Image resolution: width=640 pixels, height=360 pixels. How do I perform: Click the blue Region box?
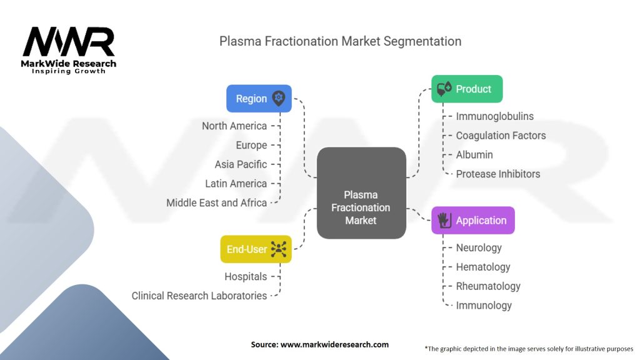(259, 98)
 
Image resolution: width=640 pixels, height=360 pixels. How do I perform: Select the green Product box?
(467, 89)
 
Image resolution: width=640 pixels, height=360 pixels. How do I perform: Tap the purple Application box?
(473, 220)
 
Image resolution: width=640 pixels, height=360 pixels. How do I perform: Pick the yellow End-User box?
(256, 249)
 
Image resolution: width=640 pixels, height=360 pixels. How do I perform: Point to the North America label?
(234, 126)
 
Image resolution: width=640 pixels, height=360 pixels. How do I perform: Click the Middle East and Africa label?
(217, 202)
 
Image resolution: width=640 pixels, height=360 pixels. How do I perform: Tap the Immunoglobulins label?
(495, 116)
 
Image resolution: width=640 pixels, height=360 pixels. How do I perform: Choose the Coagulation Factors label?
(501, 135)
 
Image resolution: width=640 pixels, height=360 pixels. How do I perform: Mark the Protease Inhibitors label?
(498, 174)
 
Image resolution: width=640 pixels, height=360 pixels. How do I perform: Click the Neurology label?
(479, 247)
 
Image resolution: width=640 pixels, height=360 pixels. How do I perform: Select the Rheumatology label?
(488, 286)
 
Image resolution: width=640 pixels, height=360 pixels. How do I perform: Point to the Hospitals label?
(246, 276)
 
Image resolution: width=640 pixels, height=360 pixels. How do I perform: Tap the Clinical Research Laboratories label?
(199, 296)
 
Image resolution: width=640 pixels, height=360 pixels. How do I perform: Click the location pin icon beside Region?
(279, 98)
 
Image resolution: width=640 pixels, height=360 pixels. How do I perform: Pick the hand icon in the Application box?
(444, 220)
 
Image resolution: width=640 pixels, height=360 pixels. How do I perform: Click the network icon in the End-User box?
(279, 249)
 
